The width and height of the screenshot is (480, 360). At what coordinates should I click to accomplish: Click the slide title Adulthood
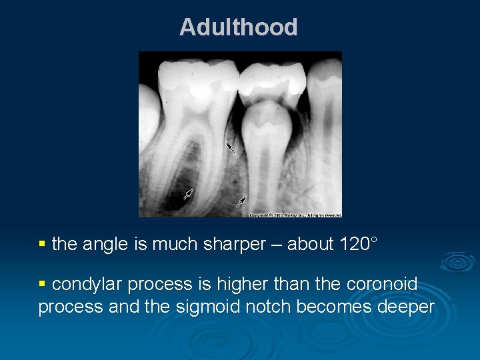pos(238,27)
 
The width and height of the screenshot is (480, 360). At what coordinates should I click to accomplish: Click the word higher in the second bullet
pos(232,285)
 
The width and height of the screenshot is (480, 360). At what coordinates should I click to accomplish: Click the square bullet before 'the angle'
pos(43,245)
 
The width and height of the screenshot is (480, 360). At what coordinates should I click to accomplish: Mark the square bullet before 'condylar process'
pos(43,285)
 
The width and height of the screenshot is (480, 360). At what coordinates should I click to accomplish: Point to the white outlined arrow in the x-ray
pos(188,194)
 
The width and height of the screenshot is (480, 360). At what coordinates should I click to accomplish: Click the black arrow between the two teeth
pos(231,147)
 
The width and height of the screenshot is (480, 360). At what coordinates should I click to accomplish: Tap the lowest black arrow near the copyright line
pos(241,201)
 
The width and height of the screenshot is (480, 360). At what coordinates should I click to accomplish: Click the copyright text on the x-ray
pos(295,215)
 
